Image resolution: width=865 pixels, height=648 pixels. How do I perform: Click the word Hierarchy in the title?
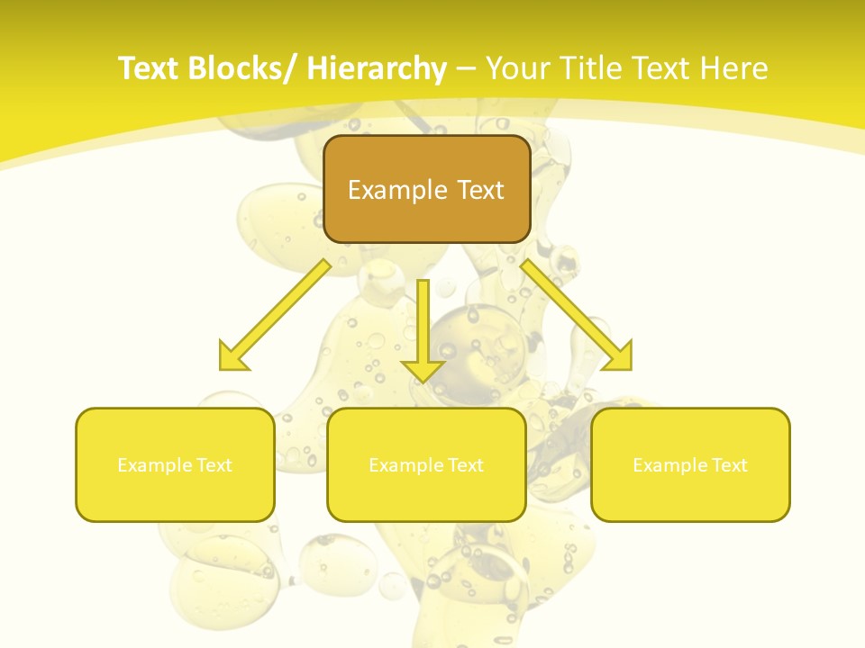click(x=377, y=68)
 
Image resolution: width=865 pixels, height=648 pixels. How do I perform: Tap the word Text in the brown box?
click(x=479, y=190)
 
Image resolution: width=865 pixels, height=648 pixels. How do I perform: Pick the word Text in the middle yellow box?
click(x=461, y=465)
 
